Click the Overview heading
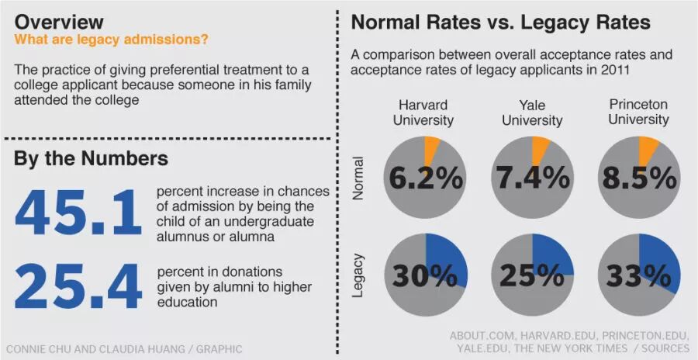(x=59, y=22)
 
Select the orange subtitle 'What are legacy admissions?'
(x=111, y=40)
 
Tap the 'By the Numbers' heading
(x=92, y=158)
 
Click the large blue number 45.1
(x=78, y=212)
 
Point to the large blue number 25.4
(x=78, y=286)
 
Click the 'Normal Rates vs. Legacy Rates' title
(x=501, y=22)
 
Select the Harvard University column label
(x=423, y=112)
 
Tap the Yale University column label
(x=532, y=112)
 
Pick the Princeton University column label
(x=639, y=112)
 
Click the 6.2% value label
(x=426, y=178)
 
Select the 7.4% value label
(x=533, y=178)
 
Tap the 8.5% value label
(x=640, y=178)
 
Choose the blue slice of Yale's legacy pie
(x=552, y=254)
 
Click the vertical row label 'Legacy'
(x=358, y=275)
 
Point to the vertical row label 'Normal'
(x=358, y=178)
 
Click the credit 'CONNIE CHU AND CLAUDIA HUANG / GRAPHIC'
(x=124, y=349)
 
